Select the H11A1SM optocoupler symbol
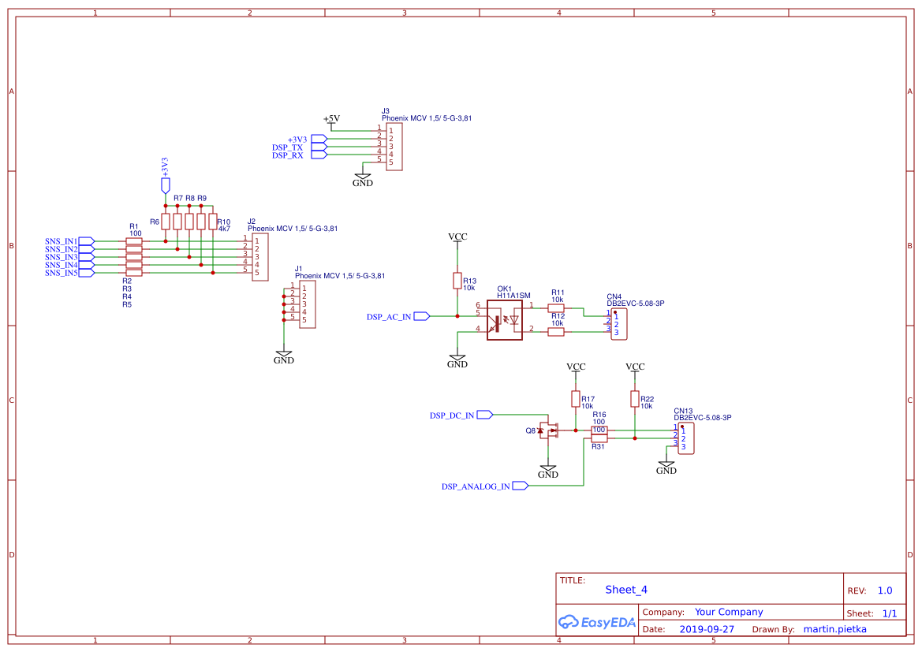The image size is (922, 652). pos(505,320)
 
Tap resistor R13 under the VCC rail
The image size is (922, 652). pos(457,281)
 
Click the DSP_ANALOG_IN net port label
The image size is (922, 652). pos(476,486)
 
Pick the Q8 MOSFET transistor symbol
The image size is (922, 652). pos(549,430)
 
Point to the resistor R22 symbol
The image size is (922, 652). pos(635,399)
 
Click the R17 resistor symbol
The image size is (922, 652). pos(576,399)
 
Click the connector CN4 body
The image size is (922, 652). pos(619,324)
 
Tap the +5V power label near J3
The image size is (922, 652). pos(331,119)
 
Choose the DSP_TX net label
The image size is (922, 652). pos(287,147)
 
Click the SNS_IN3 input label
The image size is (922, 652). pos(62,257)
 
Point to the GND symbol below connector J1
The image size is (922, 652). pos(283,356)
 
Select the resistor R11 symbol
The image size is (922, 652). pos(556,307)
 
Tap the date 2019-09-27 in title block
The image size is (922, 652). pos(707,629)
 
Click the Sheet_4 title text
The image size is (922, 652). pos(626,589)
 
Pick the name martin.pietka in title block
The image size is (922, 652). pos(834,629)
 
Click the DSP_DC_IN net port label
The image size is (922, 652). pos(452,415)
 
